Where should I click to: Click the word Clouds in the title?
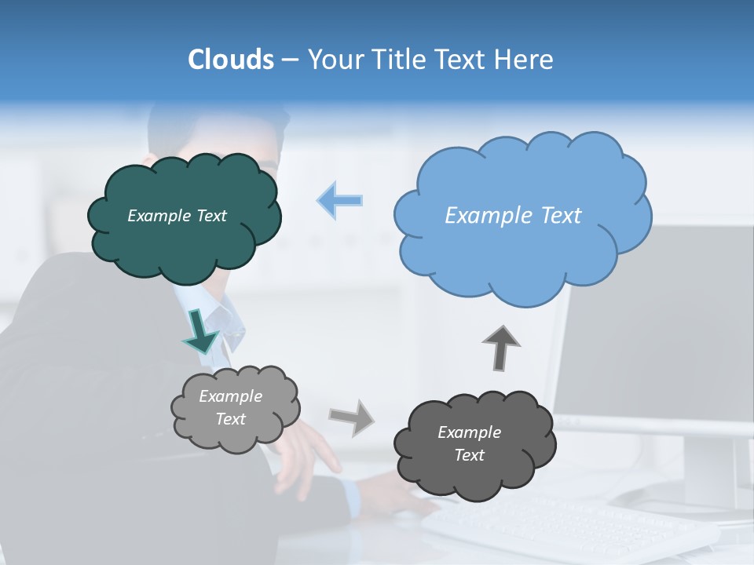(x=230, y=60)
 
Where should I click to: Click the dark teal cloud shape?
(x=185, y=251)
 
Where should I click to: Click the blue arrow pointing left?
(x=340, y=201)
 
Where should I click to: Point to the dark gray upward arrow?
(x=501, y=347)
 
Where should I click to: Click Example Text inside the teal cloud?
(x=177, y=216)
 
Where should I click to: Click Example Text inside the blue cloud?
(x=513, y=216)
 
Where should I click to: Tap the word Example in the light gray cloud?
(x=230, y=396)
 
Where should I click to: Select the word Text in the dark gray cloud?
(x=469, y=455)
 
